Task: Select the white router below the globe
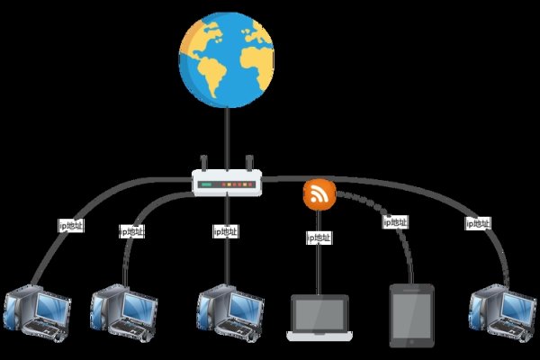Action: point(226,184)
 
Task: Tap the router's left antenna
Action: point(204,165)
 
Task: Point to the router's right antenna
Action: point(248,165)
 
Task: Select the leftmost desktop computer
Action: point(37,312)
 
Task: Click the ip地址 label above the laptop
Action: point(319,238)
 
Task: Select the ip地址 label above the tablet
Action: point(395,221)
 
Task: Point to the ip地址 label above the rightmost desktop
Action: point(477,222)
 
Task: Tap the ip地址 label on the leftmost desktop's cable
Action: point(70,226)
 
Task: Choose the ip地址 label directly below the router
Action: point(227,231)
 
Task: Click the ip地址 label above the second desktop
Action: point(131,231)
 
